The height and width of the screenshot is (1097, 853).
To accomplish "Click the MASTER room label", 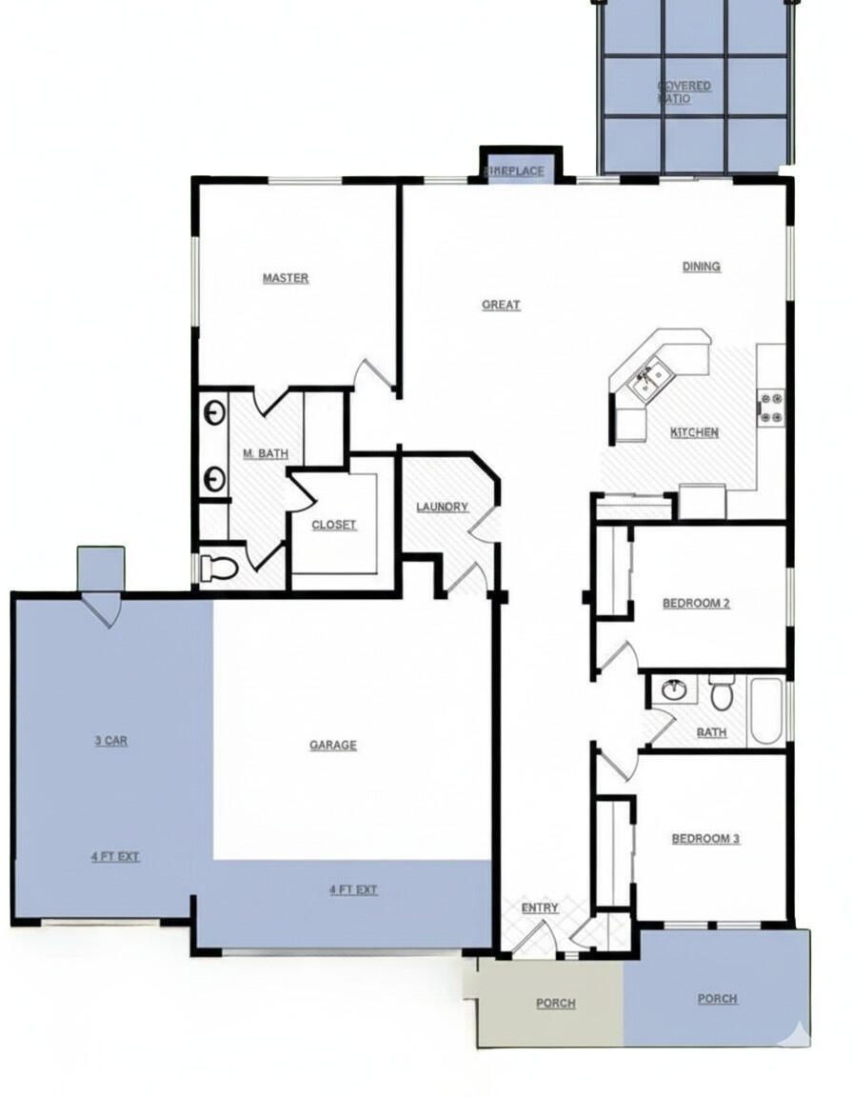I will pos(286,278).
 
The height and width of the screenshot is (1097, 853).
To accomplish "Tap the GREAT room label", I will pos(501,305).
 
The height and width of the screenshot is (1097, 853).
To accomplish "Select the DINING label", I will pos(701,267).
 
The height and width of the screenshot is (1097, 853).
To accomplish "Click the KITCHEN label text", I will pos(695,432).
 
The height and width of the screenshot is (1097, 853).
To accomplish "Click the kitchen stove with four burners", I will pos(770,407).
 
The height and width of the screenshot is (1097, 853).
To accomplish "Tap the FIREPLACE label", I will pos(515,171).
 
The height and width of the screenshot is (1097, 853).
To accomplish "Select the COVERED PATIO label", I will pos(683,92).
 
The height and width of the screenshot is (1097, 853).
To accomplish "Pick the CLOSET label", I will pos(334,525).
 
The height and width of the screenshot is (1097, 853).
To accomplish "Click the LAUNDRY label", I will pos(442,507).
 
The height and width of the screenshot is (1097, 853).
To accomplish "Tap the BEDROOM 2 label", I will pos(696,603).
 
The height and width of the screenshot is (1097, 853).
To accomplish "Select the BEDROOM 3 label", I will pos(705,839).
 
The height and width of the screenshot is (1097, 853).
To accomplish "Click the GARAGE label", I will pos(333,745).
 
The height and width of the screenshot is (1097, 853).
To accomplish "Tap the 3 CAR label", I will pos(111,740).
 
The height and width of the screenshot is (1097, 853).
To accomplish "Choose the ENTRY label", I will pos(540,908).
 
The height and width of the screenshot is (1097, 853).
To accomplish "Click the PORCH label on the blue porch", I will pos(717,999).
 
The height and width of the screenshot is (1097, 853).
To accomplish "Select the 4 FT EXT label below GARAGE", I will pos(353,889).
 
